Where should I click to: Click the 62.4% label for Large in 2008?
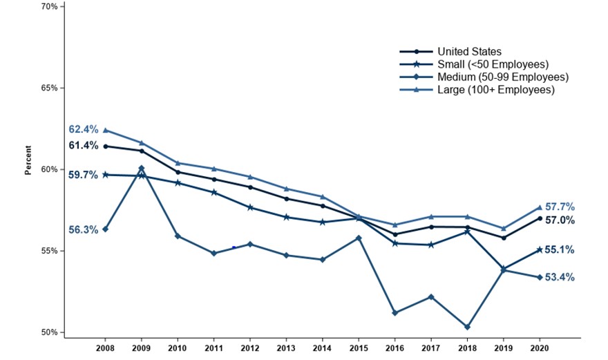(82, 129)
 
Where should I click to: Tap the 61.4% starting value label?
(82, 146)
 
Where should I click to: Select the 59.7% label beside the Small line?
(82, 176)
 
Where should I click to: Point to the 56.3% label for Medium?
(82, 230)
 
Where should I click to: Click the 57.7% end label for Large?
(560, 207)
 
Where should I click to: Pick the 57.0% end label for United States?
(560, 220)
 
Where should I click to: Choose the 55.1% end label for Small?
(560, 250)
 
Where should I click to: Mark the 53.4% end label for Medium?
(560, 278)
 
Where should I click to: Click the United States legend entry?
(469, 52)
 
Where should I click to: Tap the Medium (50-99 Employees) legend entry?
(502, 77)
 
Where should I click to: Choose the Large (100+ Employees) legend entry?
(496, 89)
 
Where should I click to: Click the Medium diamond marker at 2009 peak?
(142, 169)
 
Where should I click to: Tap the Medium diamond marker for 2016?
(395, 313)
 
